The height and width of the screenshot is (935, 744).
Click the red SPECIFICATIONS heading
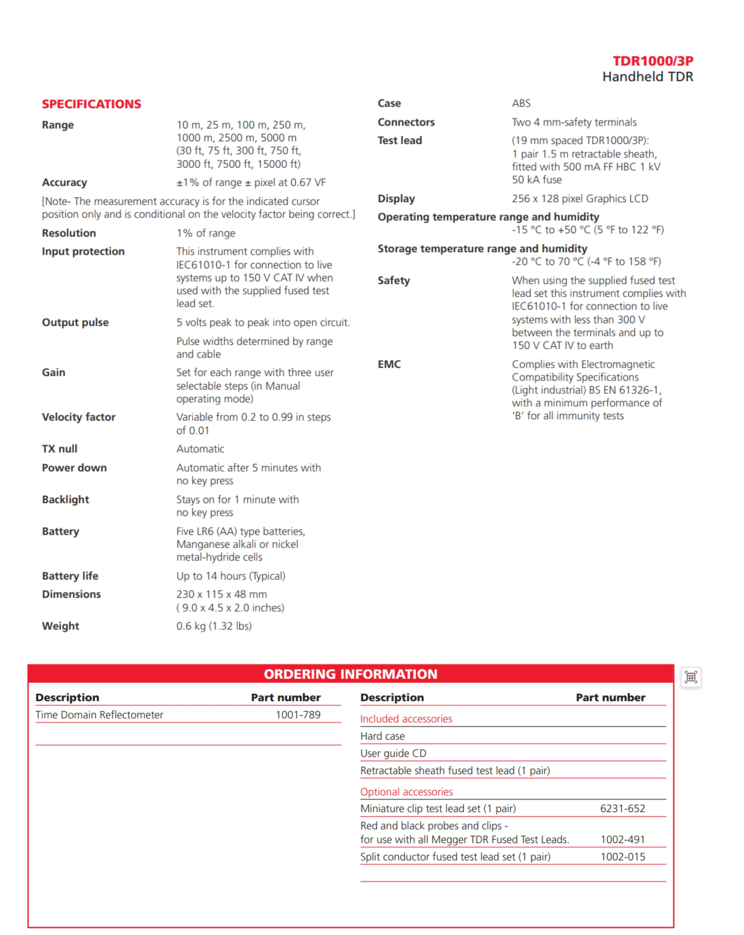(91, 104)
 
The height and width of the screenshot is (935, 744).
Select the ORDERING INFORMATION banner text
(350, 674)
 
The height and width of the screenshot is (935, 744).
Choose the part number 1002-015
(622, 857)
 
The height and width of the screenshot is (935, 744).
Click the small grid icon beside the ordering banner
(691, 677)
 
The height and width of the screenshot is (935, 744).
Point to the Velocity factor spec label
(79, 417)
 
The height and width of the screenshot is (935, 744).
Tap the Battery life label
(70, 576)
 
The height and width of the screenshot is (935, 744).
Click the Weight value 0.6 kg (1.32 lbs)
(214, 626)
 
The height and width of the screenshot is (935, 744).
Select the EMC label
(389, 364)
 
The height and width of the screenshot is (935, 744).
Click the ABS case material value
(521, 103)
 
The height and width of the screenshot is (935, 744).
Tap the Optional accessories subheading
(406, 792)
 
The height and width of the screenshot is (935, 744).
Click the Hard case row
(382, 736)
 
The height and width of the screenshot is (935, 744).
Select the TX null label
(60, 449)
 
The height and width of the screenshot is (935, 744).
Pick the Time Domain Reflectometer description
(99, 715)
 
